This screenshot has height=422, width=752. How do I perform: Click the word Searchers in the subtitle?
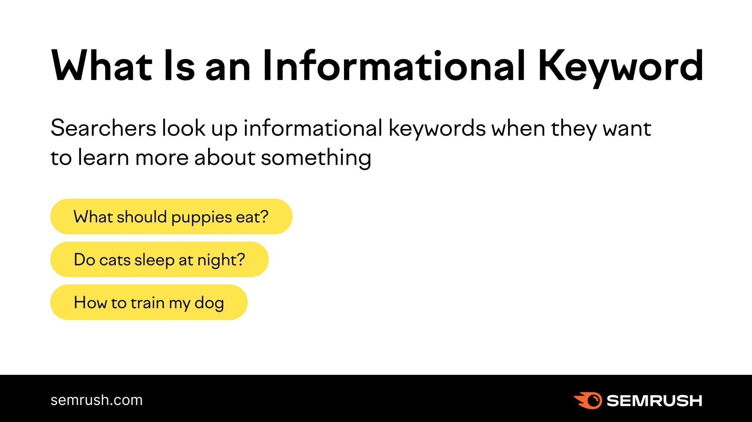[x=103, y=128]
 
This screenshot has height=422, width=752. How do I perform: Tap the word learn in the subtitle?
[x=103, y=157]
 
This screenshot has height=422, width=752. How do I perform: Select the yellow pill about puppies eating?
[x=171, y=216]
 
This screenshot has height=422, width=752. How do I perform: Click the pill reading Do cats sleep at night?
[x=159, y=259]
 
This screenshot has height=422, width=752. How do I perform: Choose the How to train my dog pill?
[x=149, y=302]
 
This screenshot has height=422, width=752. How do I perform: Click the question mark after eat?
[x=264, y=216]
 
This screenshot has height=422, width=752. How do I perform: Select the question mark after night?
[x=241, y=259]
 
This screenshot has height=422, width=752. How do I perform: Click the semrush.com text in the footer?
[x=96, y=400]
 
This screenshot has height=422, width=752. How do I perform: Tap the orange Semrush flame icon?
[x=588, y=400]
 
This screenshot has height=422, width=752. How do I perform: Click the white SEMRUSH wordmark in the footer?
[x=654, y=400]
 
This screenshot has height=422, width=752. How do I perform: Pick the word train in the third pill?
[x=147, y=303]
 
